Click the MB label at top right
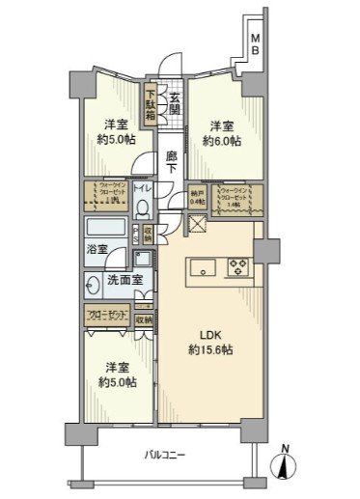point(256,42)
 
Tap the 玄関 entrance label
point(175,102)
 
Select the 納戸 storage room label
point(198,196)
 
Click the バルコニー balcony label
point(166,454)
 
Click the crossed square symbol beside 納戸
point(197,225)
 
